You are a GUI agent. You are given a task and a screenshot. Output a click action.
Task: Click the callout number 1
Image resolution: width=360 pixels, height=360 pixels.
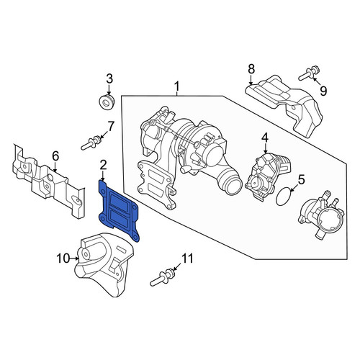pos(176,86)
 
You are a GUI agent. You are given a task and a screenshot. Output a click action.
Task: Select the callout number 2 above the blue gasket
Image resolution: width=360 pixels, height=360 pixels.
pos(103,165)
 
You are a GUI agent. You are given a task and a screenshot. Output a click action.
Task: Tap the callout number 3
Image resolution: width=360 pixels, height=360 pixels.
pos(109,78)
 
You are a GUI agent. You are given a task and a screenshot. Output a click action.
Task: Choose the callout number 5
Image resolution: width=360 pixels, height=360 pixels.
pos(301,179)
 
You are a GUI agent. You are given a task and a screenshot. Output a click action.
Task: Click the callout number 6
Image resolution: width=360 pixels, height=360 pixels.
pos(55,156)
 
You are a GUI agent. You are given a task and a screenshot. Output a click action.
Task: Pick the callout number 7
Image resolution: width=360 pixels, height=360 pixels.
pos(111,127)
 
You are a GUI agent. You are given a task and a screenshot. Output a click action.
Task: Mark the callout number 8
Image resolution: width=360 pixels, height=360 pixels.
pos(251,69)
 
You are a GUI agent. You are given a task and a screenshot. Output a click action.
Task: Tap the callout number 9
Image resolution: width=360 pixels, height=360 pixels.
pos(323,91)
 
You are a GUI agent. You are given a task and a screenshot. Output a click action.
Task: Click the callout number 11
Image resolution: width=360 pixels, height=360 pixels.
pos(187,258)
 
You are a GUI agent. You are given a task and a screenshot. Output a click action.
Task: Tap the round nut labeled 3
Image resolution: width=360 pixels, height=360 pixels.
pos(107,102)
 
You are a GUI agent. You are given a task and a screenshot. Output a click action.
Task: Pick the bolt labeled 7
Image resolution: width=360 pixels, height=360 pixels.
pos(91,143)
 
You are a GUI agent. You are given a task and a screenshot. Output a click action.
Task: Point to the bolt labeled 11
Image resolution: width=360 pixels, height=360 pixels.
pos(163,278)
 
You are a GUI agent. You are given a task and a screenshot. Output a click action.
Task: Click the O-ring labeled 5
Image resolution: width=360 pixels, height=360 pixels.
pos(284,197)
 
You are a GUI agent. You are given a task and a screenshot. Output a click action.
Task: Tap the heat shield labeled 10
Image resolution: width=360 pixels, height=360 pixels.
pos(104,264)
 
